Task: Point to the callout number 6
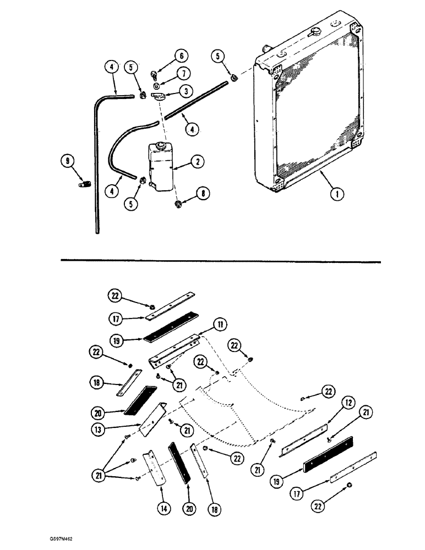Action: (181, 56)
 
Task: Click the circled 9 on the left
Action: (68, 161)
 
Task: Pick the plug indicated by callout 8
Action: (178, 206)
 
